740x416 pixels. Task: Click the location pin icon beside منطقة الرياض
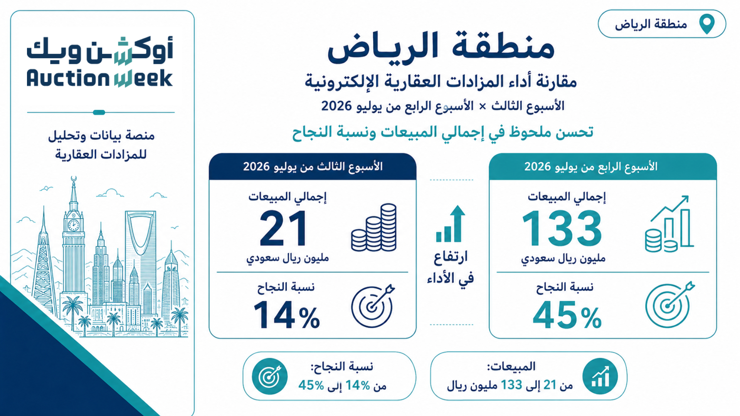pyautogui.click(x=707, y=24)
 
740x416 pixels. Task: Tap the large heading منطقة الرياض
pyautogui.click(x=441, y=47)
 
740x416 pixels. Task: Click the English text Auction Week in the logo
pyautogui.click(x=99, y=78)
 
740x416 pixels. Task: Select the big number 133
pyautogui.click(x=562, y=228)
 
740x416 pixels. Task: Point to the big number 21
pyautogui.click(x=284, y=228)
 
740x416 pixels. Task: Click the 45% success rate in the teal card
pyautogui.click(x=567, y=315)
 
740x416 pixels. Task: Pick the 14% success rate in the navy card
pyautogui.click(x=286, y=315)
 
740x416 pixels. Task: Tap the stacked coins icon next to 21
pyautogui.click(x=374, y=228)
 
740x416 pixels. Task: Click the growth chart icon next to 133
pyautogui.click(x=669, y=224)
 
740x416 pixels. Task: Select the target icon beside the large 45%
pyautogui.click(x=669, y=305)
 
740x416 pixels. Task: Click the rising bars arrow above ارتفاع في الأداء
pyautogui.click(x=451, y=223)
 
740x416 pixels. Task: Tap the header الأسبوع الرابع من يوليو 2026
pyautogui.click(x=590, y=167)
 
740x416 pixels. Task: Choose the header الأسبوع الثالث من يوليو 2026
pyautogui.click(x=313, y=167)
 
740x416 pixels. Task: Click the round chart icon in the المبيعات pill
pyautogui.click(x=600, y=376)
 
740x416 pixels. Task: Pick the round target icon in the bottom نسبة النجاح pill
pyautogui.click(x=270, y=376)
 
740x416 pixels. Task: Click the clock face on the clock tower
pyautogui.click(x=73, y=225)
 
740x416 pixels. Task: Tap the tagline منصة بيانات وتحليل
pyautogui.click(x=101, y=136)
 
